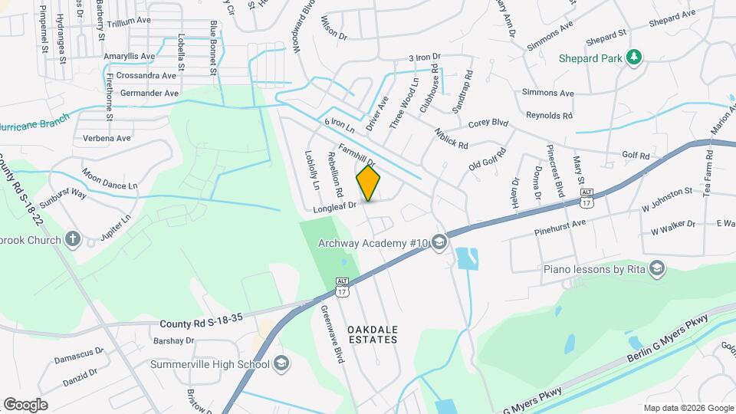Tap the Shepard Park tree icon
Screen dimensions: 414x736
click(633, 57)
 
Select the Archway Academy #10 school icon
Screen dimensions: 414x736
click(439, 243)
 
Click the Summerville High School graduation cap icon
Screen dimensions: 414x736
click(281, 363)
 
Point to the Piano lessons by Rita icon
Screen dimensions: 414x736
click(656, 268)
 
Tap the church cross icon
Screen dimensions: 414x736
click(73, 239)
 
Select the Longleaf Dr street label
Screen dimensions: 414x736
click(335, 205)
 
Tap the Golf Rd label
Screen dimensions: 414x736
click(636, 156)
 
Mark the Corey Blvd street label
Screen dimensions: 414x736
click(488, 123)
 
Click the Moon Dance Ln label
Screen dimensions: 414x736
click(110, 180)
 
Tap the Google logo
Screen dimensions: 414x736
click(25, 405)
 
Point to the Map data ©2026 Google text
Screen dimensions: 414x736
click(688, 408)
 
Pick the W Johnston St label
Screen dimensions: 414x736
click(667, 208)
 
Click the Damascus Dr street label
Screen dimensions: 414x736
click(79, 356)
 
